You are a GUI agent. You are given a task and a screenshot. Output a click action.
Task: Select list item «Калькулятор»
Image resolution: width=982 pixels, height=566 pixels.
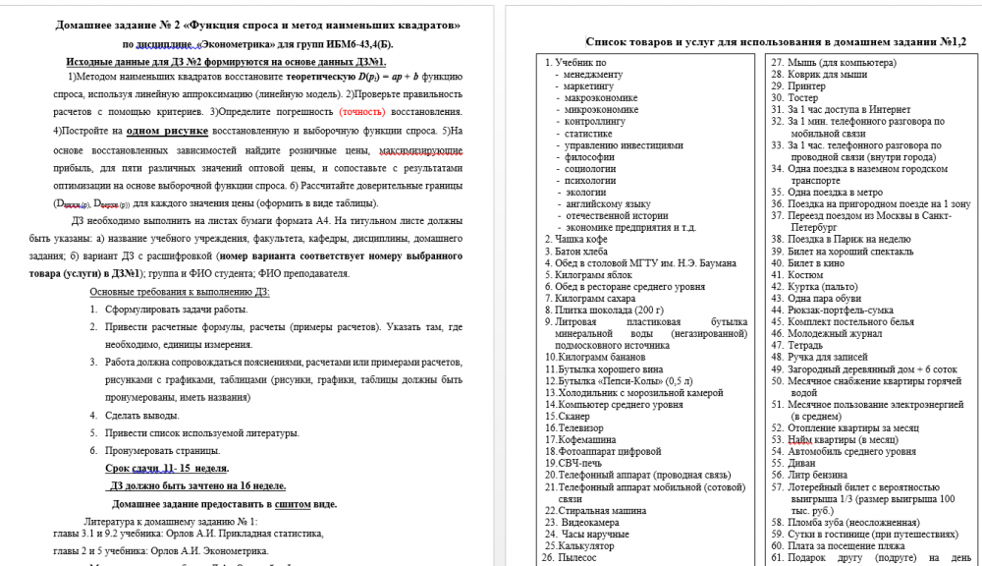tap(587, 545)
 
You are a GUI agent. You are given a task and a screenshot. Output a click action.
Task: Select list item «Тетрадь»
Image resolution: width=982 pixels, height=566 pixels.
tap(804, 346)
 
